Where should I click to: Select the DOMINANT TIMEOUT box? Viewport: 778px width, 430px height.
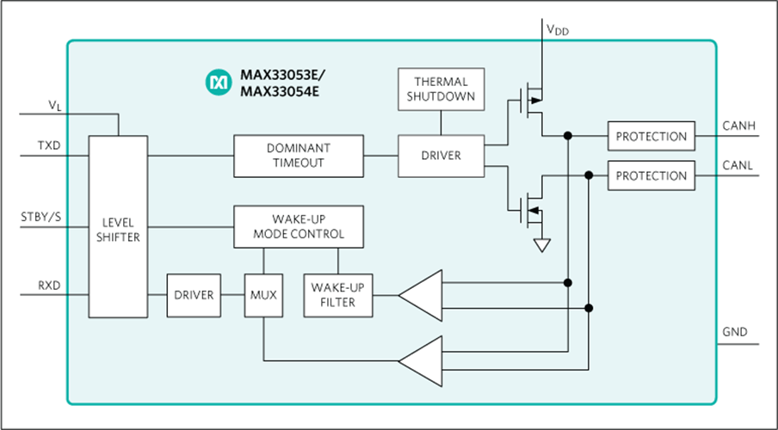click(298, 156)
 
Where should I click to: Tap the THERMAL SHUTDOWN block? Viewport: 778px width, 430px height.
click(440, 89)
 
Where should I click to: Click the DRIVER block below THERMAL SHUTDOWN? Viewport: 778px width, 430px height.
click(440, 156)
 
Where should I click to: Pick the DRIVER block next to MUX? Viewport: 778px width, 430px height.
click(194, 295)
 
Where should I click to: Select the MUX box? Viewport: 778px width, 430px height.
click(262, 295)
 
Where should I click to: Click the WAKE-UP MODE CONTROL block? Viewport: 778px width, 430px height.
click(298, 227)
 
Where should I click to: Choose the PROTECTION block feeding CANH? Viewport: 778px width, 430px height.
click(651, 136)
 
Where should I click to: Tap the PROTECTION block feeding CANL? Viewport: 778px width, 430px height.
click(651, 175)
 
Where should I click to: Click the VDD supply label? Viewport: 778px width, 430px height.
click(557, 29)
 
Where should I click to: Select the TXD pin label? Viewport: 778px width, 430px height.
click(48, 145)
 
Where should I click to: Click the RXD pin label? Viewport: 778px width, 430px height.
click(48, 285)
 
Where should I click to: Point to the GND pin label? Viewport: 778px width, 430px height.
click(734, 332)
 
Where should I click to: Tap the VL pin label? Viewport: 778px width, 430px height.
click(54, 105)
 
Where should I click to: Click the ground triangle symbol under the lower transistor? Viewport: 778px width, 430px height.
click(541, 246)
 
